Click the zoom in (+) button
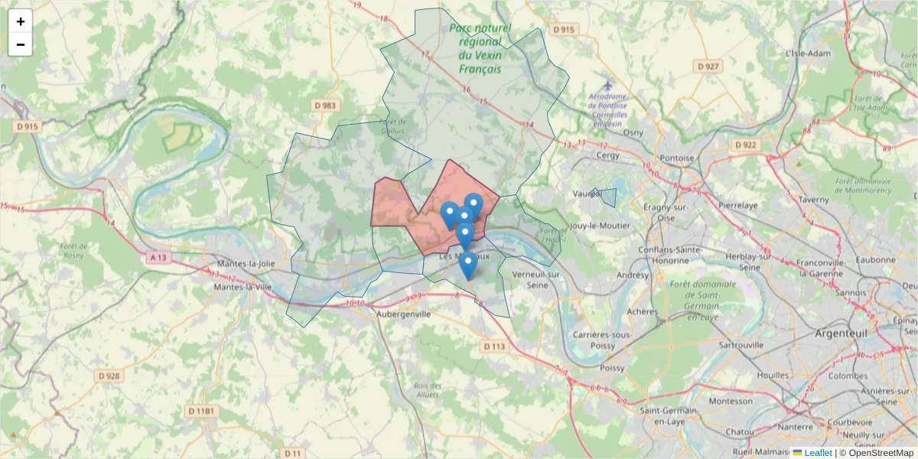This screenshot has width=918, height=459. coord(21,21)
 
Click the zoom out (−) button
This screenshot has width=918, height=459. coord(21,44)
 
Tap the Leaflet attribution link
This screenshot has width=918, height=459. coord(818,453)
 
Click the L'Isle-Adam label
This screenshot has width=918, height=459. coord(808,54)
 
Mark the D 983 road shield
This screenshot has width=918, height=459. coord(324,105)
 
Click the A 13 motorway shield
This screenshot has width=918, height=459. coord(158,258)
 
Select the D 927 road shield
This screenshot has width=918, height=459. coord(709,67)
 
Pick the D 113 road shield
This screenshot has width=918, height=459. coord(495,347)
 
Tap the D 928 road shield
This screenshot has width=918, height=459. coord(110,376)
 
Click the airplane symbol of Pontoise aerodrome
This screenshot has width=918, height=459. coord(607,85)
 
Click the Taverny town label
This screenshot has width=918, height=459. coord(813,200)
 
